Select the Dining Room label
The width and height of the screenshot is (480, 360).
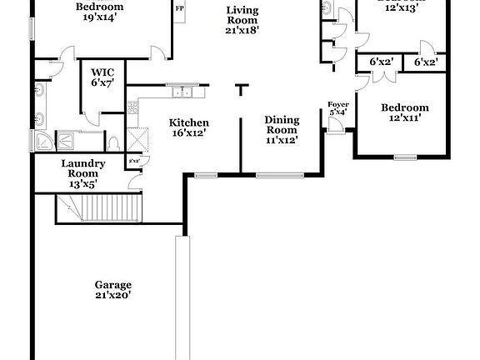282,129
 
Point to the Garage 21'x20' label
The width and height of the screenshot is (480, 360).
112,289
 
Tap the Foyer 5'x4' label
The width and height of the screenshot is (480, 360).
338,108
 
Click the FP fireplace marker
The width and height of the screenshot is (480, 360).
179,8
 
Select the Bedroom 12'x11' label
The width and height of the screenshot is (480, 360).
405,112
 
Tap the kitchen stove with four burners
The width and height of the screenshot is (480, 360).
132,107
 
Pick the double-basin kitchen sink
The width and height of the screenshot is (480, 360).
179,86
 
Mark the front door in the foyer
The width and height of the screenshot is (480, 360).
336,126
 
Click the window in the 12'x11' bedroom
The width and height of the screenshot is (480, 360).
405,157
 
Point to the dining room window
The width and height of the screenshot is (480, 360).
279,175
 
